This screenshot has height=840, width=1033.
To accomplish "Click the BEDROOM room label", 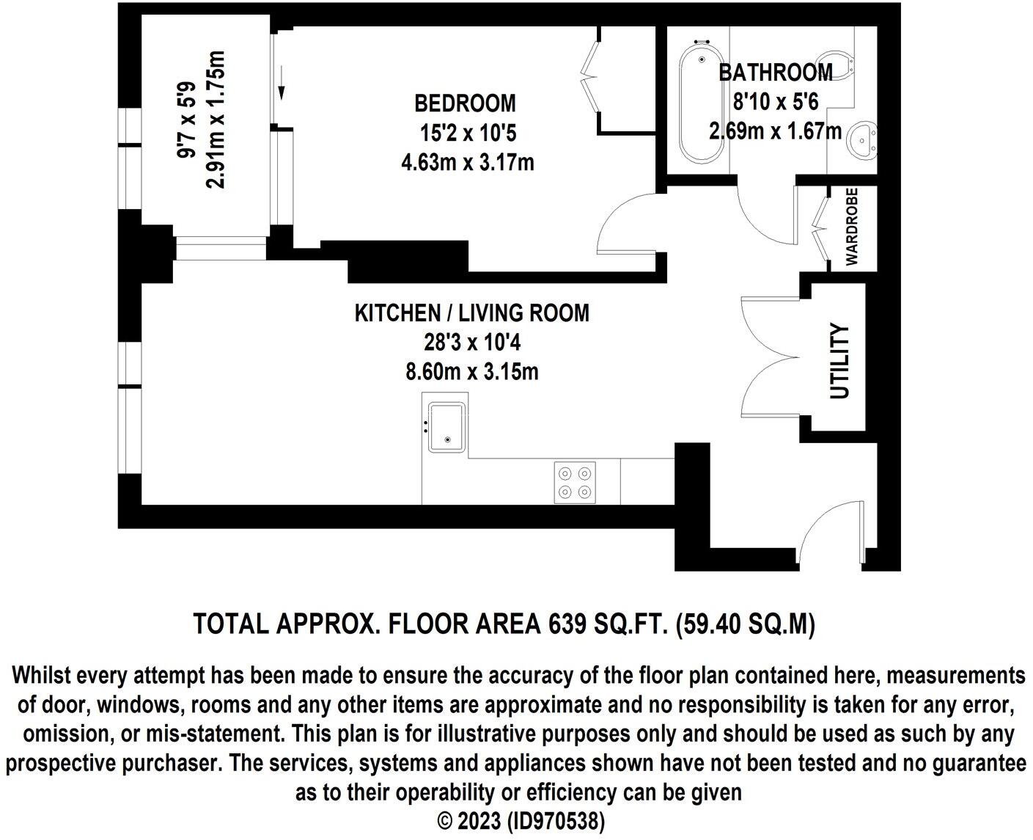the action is point(465,103).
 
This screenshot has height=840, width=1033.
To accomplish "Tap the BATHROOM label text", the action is point(776,73).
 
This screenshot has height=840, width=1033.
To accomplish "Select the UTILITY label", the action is point(839,360).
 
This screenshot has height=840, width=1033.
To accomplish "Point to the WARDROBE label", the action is point(852,227).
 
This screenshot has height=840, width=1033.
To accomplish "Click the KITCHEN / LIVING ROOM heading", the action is point(472,313).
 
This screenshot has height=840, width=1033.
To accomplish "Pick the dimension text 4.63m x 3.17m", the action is point(468,162).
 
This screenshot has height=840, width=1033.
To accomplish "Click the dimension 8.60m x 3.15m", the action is point(472,372).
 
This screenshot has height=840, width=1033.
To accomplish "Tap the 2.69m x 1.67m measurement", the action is point(776,131).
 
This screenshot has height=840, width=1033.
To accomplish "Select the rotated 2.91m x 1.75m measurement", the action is point(216,120).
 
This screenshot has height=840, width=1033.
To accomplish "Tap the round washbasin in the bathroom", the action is point(862,141).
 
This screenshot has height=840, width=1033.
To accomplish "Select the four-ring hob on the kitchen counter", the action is point(575,482).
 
